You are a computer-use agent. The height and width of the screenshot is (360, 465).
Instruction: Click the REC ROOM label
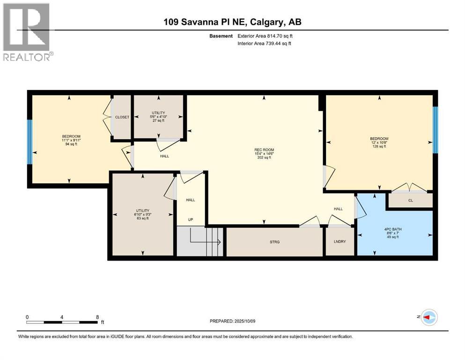(264, 150)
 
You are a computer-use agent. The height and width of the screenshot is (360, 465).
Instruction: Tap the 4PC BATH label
(392, 229)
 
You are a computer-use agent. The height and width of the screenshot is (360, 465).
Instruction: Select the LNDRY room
(340, 241)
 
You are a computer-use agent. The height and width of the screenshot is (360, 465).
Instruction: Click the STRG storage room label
(274, 242)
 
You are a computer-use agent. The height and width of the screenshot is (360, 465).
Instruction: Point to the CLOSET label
(122, 117)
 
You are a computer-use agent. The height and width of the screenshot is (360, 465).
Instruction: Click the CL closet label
(411, 200)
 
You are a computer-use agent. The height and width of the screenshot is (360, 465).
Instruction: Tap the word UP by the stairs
(191, 220)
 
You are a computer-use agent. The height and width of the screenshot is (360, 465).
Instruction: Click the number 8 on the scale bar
(97, 317)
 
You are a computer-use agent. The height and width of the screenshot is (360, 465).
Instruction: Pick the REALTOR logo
(28, 32)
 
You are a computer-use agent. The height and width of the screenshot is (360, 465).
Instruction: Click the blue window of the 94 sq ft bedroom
(30, 142)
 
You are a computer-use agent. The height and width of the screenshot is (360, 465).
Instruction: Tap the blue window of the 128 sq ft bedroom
(435, 130)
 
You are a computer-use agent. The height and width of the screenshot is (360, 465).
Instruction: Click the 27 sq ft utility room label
(158, 117)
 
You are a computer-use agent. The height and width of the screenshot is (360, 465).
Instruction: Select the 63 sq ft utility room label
(143, 214)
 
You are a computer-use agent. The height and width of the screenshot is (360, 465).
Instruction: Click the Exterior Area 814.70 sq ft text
(265, 36)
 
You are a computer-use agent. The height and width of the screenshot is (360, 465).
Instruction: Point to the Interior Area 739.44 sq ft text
(264, 43)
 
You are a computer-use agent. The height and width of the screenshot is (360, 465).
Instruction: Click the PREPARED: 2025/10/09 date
(232, 321)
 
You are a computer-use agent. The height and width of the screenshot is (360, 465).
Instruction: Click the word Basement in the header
(221, 36)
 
